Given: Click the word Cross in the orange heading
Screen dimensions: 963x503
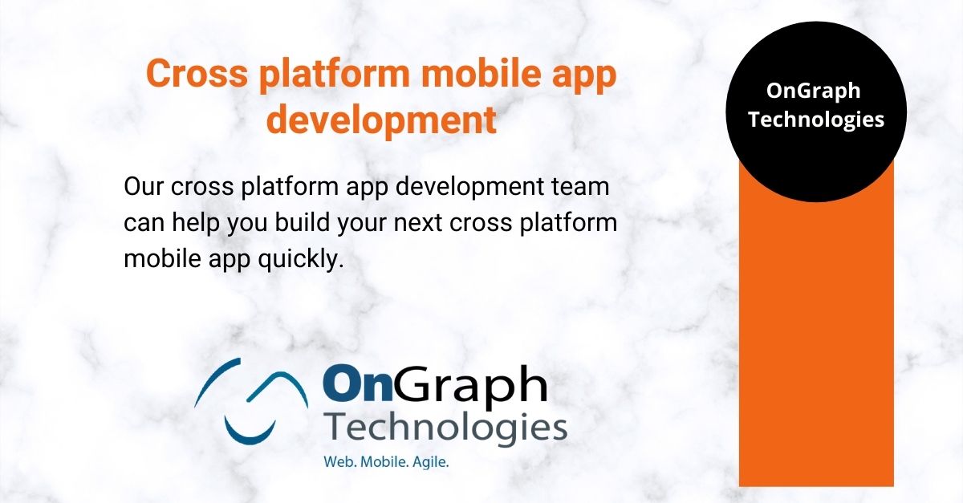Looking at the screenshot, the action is (x=197, y=73).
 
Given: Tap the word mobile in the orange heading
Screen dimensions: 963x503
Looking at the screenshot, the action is (x=481, y=72).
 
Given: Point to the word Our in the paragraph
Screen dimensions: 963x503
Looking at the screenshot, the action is (x=143, y=187).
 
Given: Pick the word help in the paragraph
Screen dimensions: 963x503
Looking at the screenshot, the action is (x=196, y=223).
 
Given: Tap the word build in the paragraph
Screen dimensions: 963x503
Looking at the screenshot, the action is (x=303, y=222).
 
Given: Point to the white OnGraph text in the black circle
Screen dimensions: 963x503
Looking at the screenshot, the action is (x=814, y=91).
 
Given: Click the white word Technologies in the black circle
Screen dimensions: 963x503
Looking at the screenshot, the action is (x=816, y=120).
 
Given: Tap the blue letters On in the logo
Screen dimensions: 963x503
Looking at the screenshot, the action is (x=358, y=382).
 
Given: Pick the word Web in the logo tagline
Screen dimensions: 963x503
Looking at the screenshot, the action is (x=340, y=462).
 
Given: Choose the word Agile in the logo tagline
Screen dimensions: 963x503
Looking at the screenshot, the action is (x=431, y=463).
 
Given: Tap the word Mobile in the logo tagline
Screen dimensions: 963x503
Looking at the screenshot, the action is (x=384, y=462).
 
